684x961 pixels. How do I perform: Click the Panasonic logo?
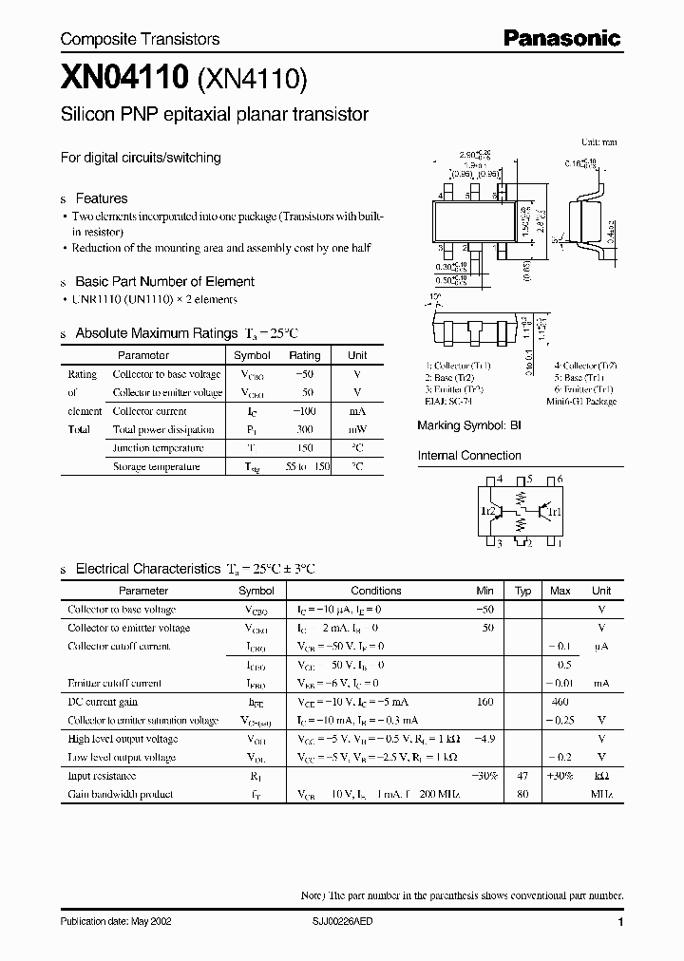click(560, 38)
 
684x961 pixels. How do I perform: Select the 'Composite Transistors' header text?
click(140, 39)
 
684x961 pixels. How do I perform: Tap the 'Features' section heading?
click(101, 198)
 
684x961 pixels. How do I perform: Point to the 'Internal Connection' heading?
click(469, 456)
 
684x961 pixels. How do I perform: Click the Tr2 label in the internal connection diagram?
click(488, 512)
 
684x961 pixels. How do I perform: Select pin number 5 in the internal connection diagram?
click(529, 480)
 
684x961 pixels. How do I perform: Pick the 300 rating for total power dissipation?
click(304, 429)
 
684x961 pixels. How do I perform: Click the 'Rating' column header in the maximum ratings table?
click(304, 355)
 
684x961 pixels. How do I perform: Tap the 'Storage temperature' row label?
click(156, 466)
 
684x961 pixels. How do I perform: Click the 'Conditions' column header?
click(376, 591)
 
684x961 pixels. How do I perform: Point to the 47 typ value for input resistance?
click(522, 776)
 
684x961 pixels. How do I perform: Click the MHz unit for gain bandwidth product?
click(601, 794)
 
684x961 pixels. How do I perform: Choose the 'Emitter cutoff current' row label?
click(114, 683)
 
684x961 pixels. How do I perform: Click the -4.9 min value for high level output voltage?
click(484, 739)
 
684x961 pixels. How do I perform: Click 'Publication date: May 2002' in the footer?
click(116, 922)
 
